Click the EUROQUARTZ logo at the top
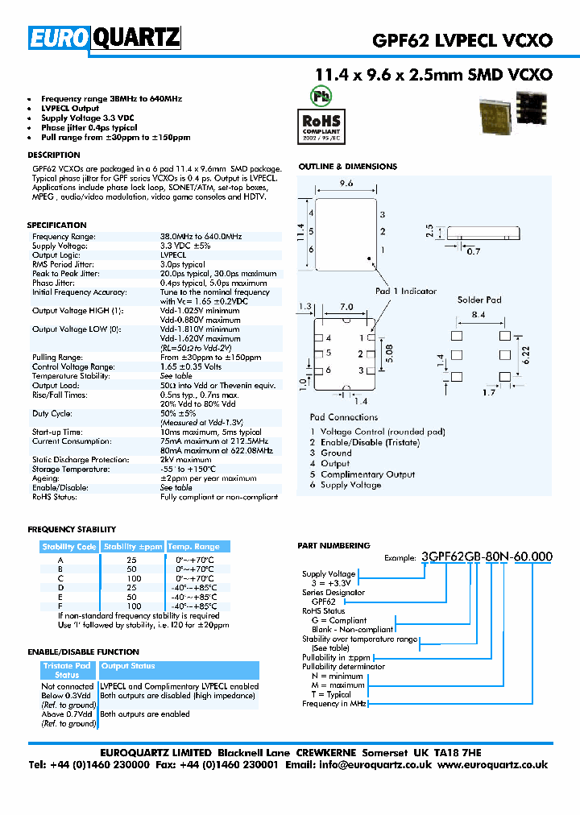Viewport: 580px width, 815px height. (104, 38)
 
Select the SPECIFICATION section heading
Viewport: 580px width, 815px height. (56, 225)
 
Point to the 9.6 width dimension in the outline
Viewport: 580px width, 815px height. (346, 184)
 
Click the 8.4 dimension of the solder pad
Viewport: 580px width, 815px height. (478, 315)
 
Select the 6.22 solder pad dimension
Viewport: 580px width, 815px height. (527, 353)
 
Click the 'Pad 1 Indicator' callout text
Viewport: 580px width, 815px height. (406, 291)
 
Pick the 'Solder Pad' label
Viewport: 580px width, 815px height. (479, 300)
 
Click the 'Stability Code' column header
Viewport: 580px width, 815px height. (69, 547)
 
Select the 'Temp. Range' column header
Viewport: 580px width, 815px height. (193, 547)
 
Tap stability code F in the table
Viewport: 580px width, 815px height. (60, 606)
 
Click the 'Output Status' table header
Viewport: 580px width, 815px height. (128, 666)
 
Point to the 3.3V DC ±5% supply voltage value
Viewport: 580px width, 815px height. (185, 246)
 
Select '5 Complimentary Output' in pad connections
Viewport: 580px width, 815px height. (362, 474)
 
